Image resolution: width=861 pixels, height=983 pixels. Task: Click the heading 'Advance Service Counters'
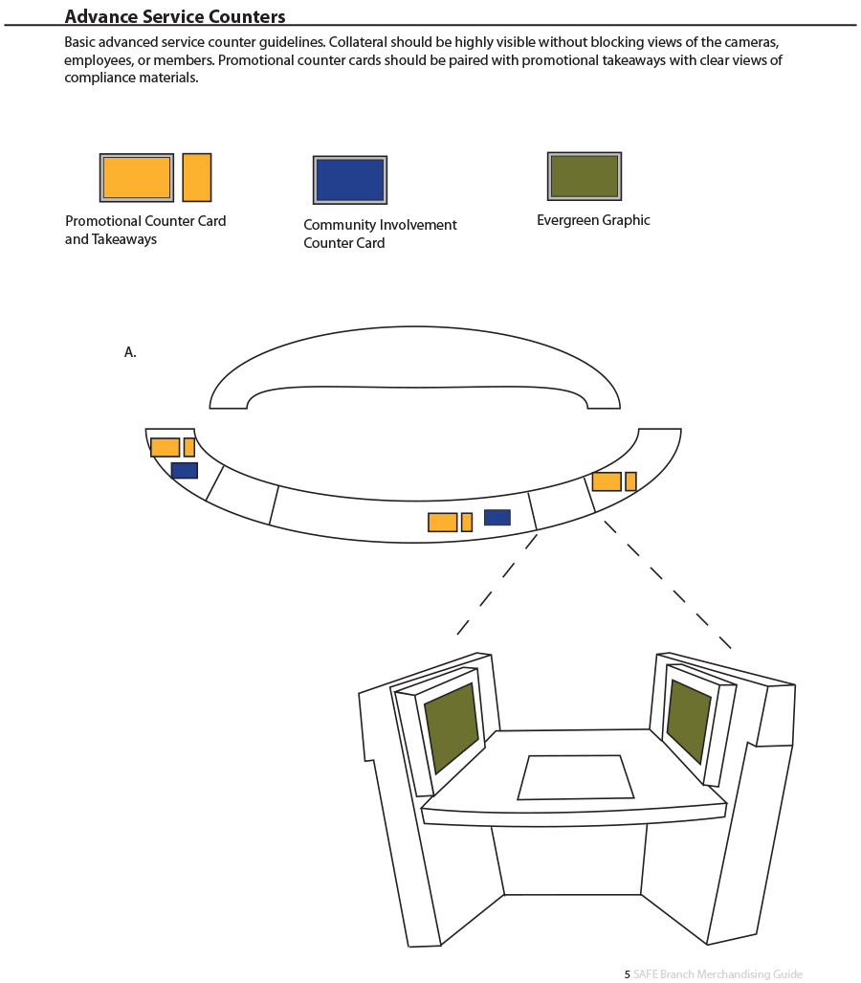click(175, 16)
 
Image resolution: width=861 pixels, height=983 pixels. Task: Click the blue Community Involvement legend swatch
click(350, 180)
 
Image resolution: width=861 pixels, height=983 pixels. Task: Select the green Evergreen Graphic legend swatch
click(584, 176)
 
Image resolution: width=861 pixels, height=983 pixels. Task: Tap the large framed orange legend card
click(137, 177)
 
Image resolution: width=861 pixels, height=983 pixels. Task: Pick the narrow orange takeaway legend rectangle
click(197, 177)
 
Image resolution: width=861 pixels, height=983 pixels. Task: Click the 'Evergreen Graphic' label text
click(593, 220)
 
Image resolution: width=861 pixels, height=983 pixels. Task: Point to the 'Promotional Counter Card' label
click(145, 221)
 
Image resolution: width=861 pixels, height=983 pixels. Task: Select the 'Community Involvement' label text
click(380, 224)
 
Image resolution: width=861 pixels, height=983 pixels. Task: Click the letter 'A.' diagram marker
click(130, 352)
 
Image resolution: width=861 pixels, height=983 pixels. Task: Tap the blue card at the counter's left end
click(185, 470)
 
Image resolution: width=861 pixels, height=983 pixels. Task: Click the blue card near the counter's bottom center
click(497, 517)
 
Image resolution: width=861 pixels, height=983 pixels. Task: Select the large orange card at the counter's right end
click(607, 481)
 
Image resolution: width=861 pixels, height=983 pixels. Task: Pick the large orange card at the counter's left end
click(165, 447)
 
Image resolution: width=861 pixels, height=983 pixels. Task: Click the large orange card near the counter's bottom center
click(442, 523)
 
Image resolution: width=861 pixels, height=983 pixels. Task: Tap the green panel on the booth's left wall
click(452, 727)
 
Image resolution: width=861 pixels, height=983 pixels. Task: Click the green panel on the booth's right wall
click(689, 721)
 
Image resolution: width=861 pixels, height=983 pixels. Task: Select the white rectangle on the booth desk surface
click(575, 777)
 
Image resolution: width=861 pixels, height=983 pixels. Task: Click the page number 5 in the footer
click(628, 974)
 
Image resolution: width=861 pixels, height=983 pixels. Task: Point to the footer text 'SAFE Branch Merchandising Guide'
click(717, 974)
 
